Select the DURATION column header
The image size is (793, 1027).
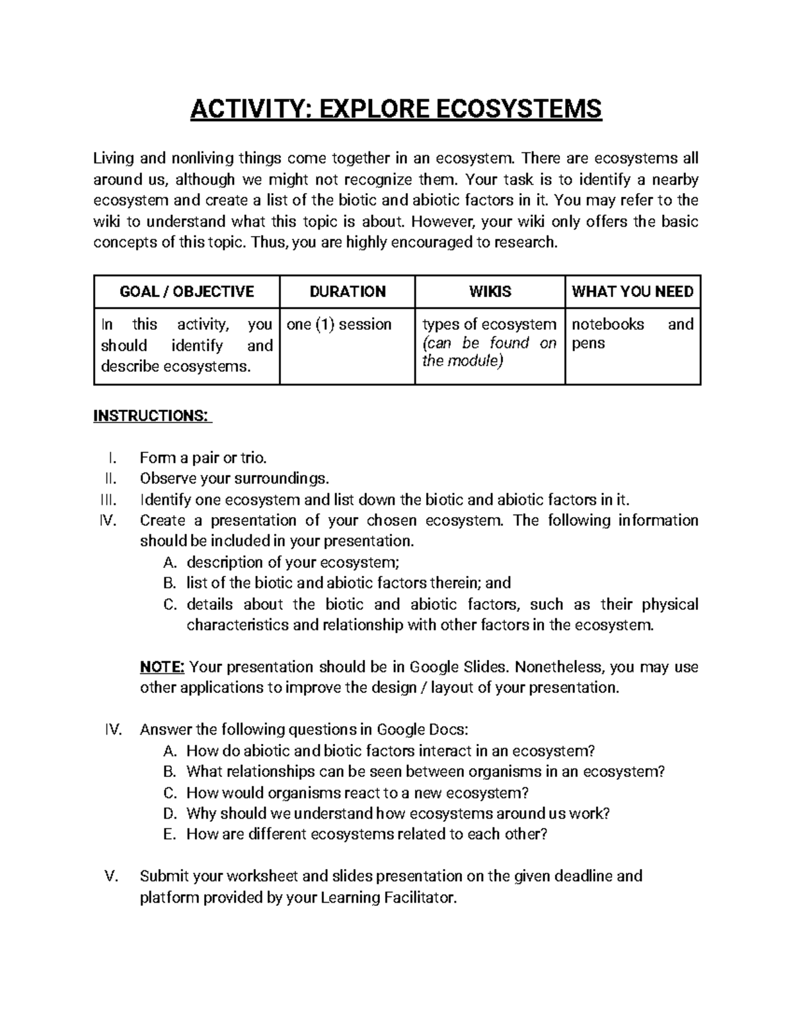(x=348, y=292)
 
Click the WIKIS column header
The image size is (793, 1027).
(x=490, y=292)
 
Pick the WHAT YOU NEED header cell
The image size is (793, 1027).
(x=632, y=292)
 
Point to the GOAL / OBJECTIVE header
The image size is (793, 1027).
(x=186, y=292)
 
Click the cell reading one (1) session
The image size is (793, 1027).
(x=340, y=324)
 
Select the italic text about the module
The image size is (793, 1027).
(x=490, y=352)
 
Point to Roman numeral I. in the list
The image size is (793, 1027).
(x=112, y=458)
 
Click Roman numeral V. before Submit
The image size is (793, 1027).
(x=112, y=876)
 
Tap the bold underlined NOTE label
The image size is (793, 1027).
(x=163, y=667)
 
